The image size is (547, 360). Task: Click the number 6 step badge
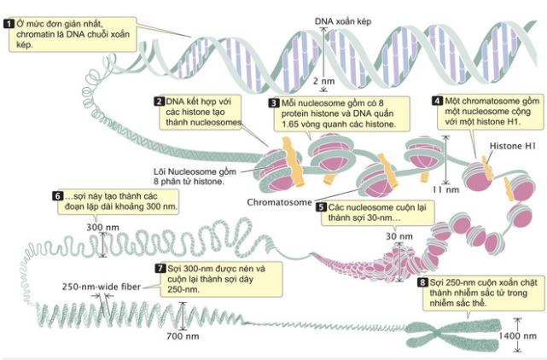[x=58, y=195]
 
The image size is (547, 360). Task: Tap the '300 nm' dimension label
[x=101, y=227]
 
